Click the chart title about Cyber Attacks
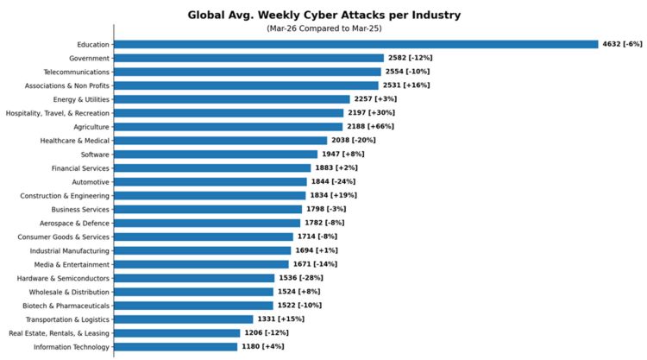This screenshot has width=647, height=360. coord(323,15)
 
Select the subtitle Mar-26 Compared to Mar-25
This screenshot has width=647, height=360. coord(323,28)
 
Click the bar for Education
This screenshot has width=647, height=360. coord(355,44)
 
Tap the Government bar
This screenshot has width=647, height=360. coord(248,58)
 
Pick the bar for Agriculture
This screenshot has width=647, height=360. coord(229,126)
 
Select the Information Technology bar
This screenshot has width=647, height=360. coord(175,346)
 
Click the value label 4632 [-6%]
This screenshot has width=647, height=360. coord(622,44)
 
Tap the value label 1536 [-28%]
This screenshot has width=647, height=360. coord(302,278)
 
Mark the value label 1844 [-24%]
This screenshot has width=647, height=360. coord(333,181)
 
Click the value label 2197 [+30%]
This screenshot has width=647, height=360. coord(372,113)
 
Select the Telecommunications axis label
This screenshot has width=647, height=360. coord(77,72)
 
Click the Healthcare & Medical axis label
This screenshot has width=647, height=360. coord(75,140)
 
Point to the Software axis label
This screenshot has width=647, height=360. coord(95,154)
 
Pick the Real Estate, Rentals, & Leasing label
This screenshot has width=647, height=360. coord(60,332)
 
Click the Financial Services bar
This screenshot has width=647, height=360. coord(212,167)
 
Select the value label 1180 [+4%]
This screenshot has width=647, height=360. coord(262,346)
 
